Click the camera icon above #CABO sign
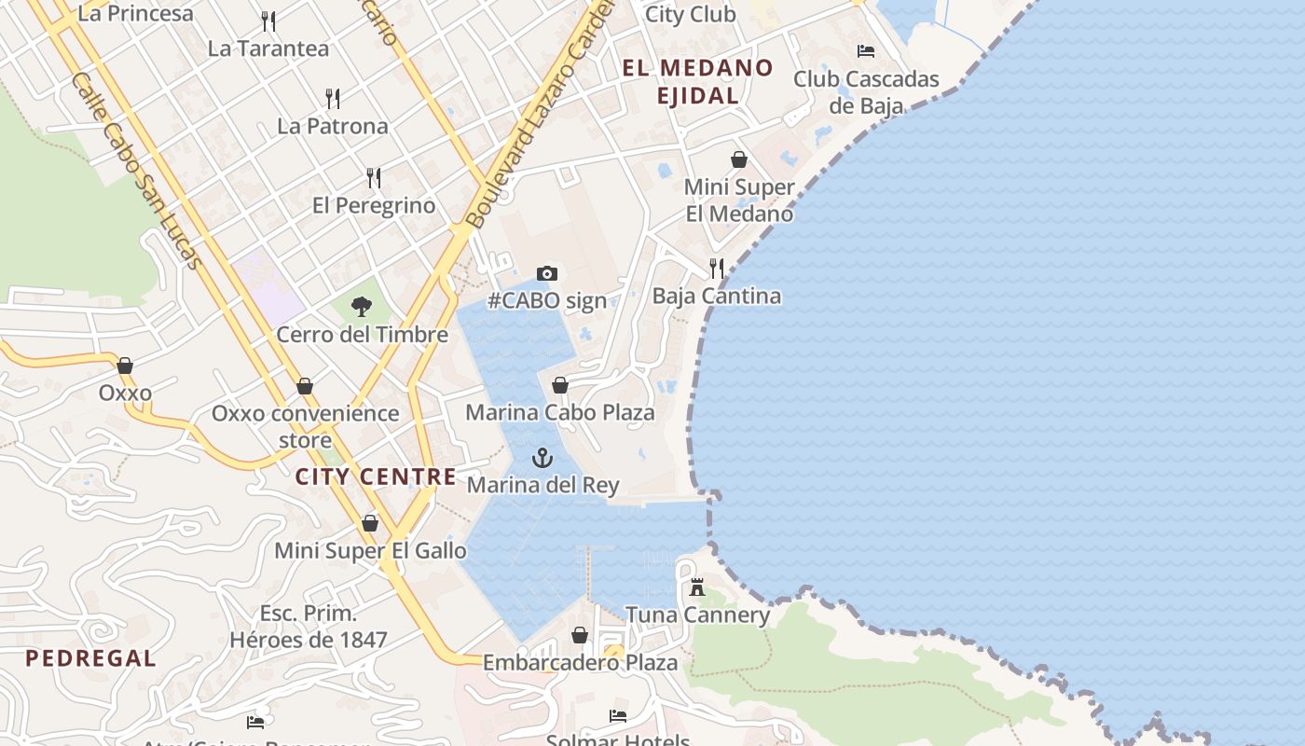click(x=547, y=273)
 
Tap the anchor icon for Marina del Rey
click(x=542, y=458)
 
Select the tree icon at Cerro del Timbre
click(x=362, y=306)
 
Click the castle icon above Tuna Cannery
click(x=697, y=587)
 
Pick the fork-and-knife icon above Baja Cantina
click(x=717, y=269)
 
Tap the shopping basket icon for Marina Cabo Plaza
click(x=560, y=385)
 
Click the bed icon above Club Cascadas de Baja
click(x=866, y=51)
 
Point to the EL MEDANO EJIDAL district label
click(x=698, y=81)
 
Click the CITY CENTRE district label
click(x=376, y=477)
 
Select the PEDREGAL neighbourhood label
click(x=90, y=658)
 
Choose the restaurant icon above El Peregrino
click(x=374, y=178)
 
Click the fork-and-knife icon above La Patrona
click(x=333, y=98)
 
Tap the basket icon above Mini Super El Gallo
click(x=370, y=523)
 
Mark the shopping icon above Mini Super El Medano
click(x=739, y=159)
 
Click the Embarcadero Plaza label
click(x=580, y=663)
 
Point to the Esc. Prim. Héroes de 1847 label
click(x=309, y=627)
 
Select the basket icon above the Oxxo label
click(x=125, y=366)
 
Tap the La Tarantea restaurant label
click(x=268, y=48)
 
